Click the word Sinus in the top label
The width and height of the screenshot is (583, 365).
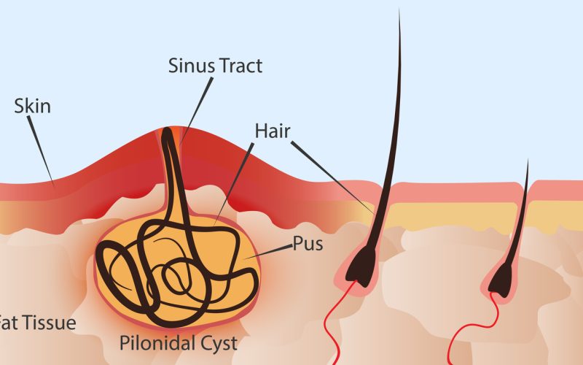point(192,66)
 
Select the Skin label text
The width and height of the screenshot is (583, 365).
point(32,106)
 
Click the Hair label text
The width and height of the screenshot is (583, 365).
point(273,131)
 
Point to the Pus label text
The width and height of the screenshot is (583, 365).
point(308,244)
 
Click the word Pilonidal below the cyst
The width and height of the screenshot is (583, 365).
point(155,342)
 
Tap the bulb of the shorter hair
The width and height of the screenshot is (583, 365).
point(501,280)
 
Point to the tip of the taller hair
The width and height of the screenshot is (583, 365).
point(399,9)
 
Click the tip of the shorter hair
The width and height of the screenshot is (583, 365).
point(528,160)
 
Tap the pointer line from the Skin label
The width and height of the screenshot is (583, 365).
point(41,150)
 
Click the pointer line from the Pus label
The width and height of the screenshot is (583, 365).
point(268,252)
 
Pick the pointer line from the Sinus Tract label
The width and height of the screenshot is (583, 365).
point(197,111)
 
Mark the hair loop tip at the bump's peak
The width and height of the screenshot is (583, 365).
point(167,131)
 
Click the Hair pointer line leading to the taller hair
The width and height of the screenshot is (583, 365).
point(332,177)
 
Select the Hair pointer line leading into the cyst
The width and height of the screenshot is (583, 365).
point(234,184)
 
